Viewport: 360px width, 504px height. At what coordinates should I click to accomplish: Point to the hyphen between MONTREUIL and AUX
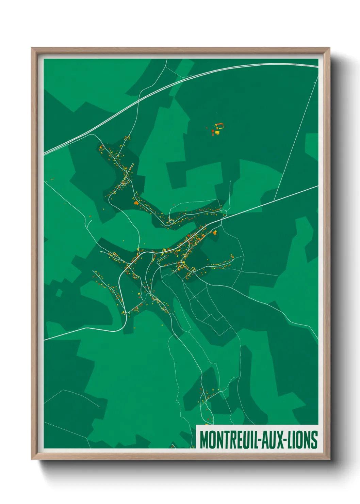(x=260, y=440)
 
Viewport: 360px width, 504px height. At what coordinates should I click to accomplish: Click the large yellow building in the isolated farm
(x=217, y=132)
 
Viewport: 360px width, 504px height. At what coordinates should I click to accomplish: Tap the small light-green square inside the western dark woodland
(x=59, y=293)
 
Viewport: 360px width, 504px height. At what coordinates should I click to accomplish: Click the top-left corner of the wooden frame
(x=32, y=48)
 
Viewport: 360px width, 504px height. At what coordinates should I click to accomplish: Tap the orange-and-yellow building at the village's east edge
(x=215, y=233)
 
